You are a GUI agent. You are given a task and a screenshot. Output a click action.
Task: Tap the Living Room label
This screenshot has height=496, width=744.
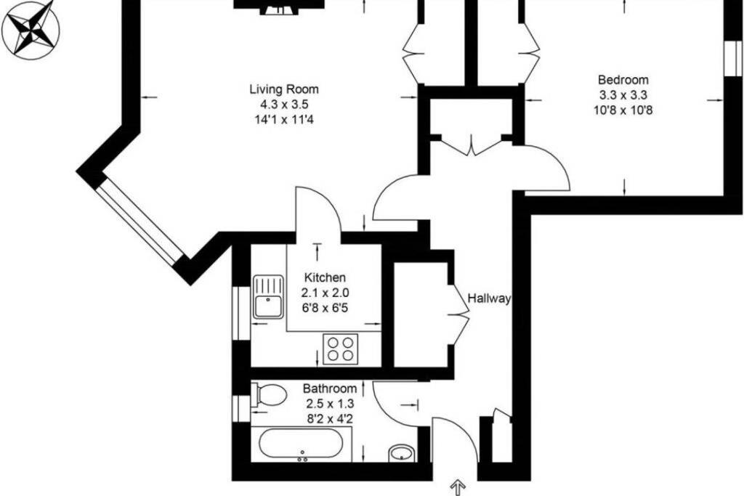(x=284, y=89)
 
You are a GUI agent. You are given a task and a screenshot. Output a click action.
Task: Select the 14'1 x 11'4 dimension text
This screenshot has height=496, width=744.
(x=284, y=120)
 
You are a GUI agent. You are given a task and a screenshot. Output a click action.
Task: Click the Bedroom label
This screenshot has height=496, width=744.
(x=623, y=80)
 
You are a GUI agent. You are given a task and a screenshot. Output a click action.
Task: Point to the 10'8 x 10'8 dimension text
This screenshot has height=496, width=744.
(x=623, y=110)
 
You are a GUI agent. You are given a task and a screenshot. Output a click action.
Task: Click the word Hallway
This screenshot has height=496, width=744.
(x=489, y=298)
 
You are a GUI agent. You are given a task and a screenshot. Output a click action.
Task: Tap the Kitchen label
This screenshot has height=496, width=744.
(x=325, y=277)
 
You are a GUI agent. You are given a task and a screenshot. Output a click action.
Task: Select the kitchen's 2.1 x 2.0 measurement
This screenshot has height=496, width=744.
(x=325, y=293)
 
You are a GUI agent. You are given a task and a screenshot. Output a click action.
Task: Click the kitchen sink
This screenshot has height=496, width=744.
(x=268, y=297)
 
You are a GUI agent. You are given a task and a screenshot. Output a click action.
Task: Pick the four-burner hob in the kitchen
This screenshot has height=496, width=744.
(x=341, y=349)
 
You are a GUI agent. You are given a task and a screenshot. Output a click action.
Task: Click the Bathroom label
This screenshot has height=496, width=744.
(x=330, y=389)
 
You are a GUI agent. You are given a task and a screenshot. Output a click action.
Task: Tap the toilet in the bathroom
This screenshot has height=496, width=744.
(x=269, y=395)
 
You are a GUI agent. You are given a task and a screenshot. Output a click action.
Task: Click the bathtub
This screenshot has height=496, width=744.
(x=301, y=444)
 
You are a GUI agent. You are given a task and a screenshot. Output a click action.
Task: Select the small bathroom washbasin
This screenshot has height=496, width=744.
(x=403, y=453)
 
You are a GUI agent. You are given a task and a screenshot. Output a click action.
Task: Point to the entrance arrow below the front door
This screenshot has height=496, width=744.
(x=458, y=487)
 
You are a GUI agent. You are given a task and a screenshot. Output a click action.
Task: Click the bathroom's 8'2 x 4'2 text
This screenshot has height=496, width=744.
(x=330, y=419)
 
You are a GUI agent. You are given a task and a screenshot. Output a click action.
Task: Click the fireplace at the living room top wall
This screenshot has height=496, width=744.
(x=279, y=7)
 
